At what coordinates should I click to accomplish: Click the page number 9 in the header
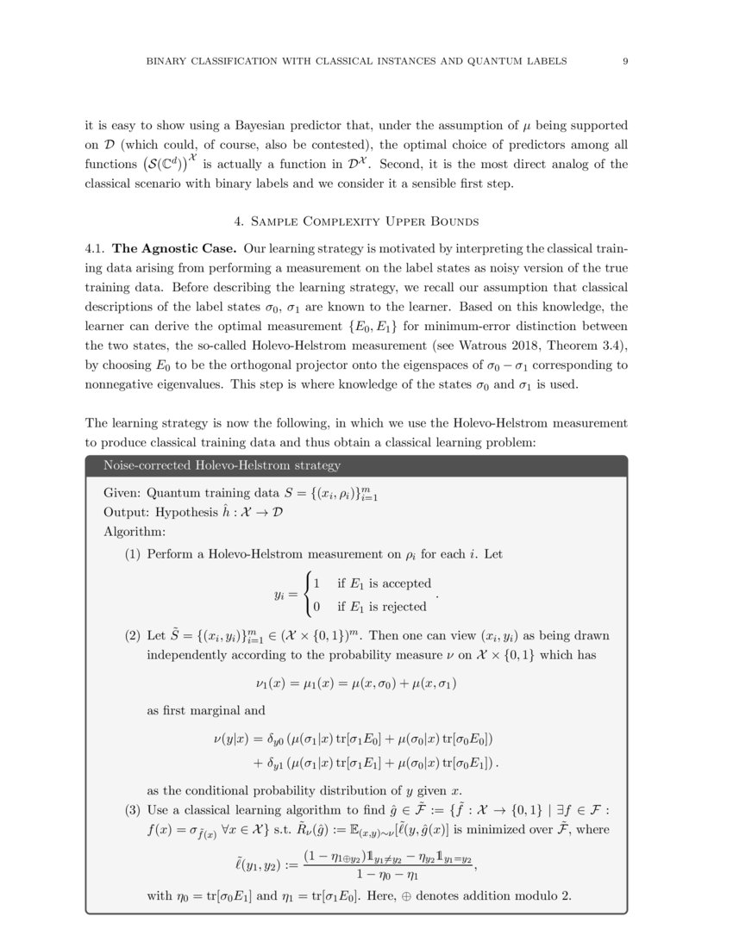tap(624, 61)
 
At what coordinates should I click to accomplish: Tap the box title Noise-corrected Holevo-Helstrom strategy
tap(222, 466)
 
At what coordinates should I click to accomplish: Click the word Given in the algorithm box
tap(121, 495)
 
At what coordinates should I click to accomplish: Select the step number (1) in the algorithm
tap(133, 554)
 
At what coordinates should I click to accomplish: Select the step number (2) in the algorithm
tap(133, 636)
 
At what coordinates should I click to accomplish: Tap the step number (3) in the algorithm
tap(133, 811)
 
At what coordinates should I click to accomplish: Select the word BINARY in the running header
tap(167, 61)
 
